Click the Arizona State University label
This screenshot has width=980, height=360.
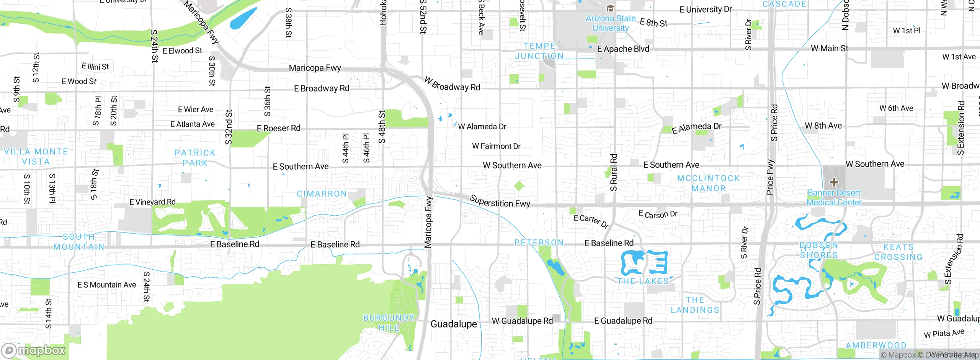610,23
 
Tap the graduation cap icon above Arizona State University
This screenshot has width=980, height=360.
610,8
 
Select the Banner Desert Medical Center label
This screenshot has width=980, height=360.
834,198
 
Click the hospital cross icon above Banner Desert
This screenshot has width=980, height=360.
834,182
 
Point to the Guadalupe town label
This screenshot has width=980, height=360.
454,324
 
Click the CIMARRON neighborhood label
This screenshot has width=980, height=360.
322,194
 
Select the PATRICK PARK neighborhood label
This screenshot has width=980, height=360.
195,158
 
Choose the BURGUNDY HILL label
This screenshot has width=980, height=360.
389,323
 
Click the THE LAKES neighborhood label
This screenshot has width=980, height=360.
643,281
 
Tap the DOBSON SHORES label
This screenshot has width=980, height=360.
819,250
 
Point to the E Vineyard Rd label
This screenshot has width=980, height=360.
152,202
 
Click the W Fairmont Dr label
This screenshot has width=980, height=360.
496,146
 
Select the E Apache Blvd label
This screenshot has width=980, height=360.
623,49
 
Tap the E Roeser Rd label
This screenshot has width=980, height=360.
279,128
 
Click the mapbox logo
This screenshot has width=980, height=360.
34,350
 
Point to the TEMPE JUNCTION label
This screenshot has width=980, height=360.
539,51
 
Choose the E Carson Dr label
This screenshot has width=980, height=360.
658,214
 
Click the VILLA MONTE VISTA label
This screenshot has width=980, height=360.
36,157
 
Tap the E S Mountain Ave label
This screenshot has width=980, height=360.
107,285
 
